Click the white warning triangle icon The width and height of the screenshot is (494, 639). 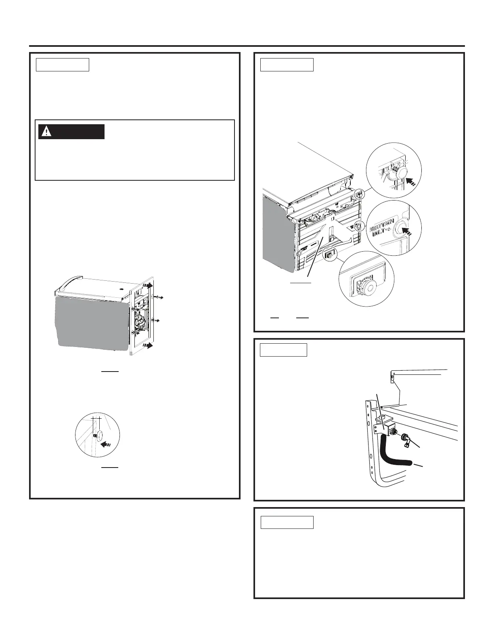pyautogui.click(x=48, y=132)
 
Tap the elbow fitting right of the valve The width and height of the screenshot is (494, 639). pyautogui.click(x=406, y=441)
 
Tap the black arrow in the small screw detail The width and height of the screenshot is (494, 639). pyautogui.click(x=106, y=445)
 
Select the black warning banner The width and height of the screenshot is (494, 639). pyautogui.click(x=71, y=132)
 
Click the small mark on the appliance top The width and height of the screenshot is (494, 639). pyautogui.click(x=122, y=289)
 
